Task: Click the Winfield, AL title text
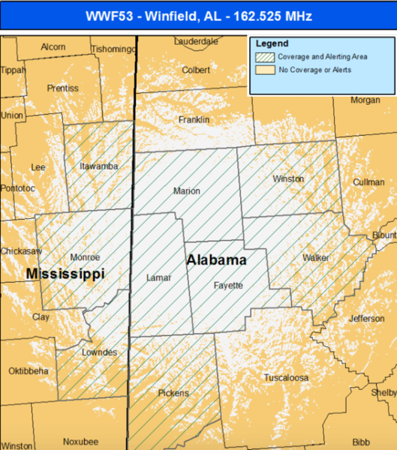point(198,14)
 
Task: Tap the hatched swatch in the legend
point(265,57)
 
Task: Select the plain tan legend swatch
point(265,70)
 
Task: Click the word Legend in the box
point(271,43)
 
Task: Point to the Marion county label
point(186,191)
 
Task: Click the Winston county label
point(288,179)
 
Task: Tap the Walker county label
point(315,257)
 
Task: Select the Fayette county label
point(228,285)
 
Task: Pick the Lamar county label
point(158,277)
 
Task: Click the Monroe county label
point(84,257)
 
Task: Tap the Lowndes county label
point(100,352)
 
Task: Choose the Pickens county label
point(173,392)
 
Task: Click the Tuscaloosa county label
point(286,378)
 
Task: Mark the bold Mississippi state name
point(65,274)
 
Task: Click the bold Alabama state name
point(216,260)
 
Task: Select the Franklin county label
point(194,120)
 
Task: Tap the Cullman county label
point(368,182)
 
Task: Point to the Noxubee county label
point(80,441)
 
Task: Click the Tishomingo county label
point(113,49)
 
